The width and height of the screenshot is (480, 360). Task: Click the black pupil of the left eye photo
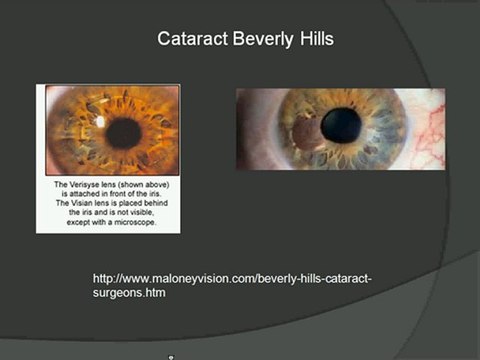pos(124,132)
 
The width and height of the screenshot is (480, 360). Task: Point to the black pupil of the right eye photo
pos(341,125)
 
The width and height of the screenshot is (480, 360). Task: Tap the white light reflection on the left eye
pos(101,121)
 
